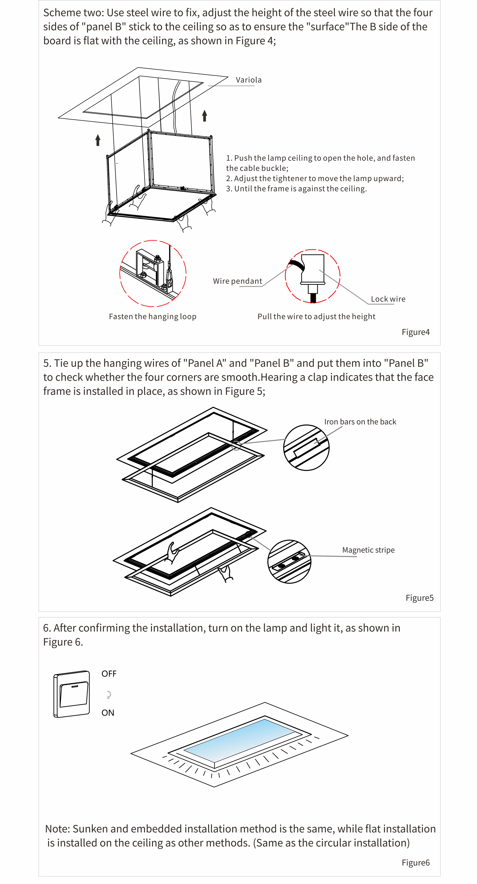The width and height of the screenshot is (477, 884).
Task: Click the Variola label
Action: [248, 80]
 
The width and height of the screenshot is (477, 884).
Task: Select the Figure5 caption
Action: [419, 598]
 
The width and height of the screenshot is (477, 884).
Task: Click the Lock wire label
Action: [388, 299]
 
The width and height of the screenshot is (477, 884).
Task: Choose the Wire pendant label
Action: [237, 281]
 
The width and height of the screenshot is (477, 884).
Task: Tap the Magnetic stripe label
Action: [368, 550]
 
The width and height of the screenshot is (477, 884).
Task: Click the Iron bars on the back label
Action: [360, 422]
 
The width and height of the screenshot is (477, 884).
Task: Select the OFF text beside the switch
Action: [109, 674]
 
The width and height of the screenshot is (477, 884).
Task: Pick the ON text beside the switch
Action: [108, 713]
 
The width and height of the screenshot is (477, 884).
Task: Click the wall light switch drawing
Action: [72, 694]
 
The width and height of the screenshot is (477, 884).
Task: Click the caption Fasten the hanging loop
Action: [152, 316]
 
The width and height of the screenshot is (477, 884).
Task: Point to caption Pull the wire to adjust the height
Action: [316, 316]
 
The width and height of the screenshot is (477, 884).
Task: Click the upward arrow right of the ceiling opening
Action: [204, 116]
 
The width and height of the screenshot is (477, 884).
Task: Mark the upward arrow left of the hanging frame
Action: [98, 140]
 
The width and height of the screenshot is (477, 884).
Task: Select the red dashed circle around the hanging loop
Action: [153, 273]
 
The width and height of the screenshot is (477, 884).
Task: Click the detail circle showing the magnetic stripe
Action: [289, 561]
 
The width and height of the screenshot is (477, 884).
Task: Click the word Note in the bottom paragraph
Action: [57, 829]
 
